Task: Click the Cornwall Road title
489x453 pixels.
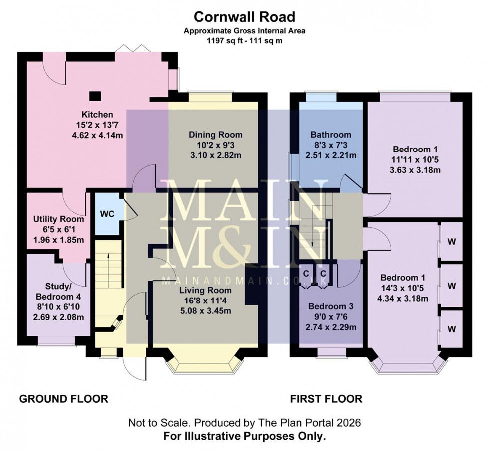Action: [x=244, y=17]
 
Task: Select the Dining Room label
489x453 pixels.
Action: [x=215, y=135]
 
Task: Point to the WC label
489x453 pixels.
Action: [x=108, y=214]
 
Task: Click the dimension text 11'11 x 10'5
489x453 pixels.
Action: [x=417, y=159]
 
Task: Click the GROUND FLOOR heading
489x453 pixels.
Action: [x=63, y=399]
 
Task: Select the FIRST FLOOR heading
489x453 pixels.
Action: [x=326, y=399]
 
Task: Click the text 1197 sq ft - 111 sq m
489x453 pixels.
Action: [x=244, y=40]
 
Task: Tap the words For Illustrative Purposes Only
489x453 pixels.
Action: [x=244, y=436]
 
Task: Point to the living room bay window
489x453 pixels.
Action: [x=206, y=367]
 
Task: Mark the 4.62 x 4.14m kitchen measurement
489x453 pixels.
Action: [x=97, y=134]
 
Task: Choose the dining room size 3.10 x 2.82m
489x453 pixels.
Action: [x=215, y=154]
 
